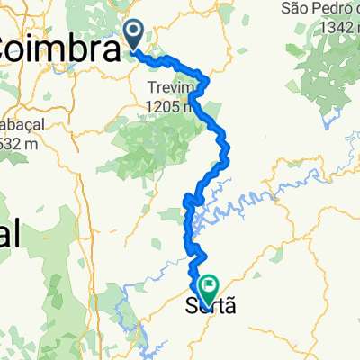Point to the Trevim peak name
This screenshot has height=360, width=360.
click(172, 88)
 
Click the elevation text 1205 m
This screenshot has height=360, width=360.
click(171, 103)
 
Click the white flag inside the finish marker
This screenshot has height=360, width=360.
click(210, 287)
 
